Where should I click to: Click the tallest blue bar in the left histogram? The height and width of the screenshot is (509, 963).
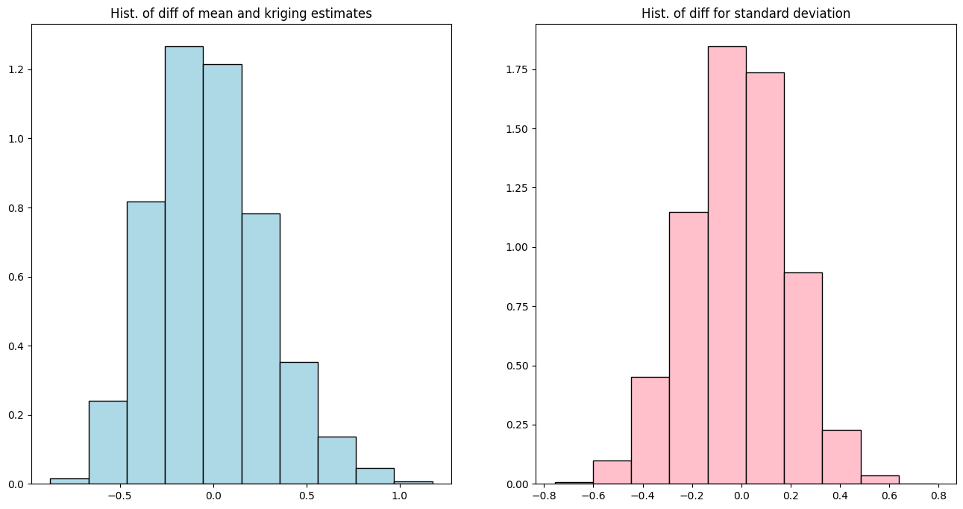tap(184, 265)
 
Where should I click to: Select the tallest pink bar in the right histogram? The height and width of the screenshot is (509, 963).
tap(727, 265)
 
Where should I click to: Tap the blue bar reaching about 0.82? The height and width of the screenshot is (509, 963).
tap(145, 343)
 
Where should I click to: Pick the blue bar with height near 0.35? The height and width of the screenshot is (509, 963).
tap(299, 423)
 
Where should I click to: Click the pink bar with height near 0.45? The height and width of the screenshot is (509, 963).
tap(650, 431)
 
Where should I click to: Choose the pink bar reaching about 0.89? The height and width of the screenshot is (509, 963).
tap(803, 378)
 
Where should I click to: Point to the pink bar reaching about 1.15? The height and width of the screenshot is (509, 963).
tap(688, 348)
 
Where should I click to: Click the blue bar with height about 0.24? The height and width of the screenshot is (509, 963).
tap(108, 443)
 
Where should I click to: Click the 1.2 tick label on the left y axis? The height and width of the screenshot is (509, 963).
tap(16, 69)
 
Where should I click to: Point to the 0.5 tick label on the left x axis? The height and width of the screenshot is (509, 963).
tap(307, 496)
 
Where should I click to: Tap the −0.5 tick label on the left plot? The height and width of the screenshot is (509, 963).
tap(120, 496)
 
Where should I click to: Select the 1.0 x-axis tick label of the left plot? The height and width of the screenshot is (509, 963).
tap(399, 496)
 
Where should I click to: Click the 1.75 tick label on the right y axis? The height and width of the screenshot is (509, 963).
tap(518, 69)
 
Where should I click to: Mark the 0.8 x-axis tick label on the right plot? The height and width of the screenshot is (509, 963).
tap(938, 496)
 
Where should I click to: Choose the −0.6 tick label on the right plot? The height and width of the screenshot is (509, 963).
tap(593, 496)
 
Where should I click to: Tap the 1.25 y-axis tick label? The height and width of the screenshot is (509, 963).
tap(518, 188)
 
